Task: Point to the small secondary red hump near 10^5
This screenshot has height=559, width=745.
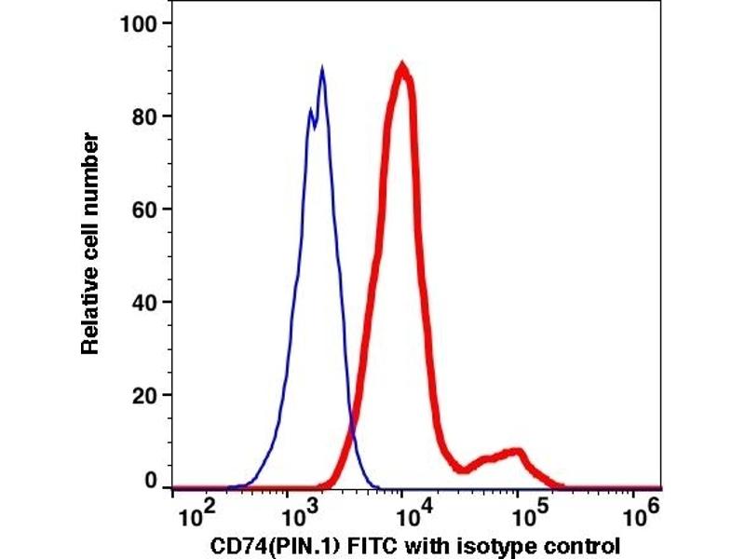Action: (515, 454)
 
